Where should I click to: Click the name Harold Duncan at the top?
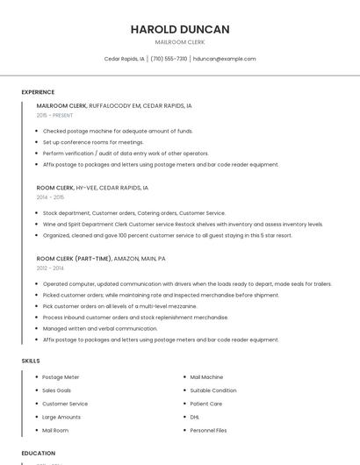pos(180,29)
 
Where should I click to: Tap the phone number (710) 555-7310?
pos(169,59)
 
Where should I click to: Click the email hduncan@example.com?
pos(224,59)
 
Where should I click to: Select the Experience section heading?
pos(38,92)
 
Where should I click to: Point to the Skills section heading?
pos(30,361)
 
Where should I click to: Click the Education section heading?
pos(38,454)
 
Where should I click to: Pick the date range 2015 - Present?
pos(54,115)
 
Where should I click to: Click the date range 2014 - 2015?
pos(50,197)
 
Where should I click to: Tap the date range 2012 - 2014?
pos(50,268)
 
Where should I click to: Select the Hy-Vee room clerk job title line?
pos(92,188)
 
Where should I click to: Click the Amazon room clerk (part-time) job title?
pos(101,259)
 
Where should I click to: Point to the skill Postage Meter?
pos(61,377)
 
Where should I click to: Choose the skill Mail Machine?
pos(206,377)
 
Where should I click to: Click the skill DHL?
pos(195,417)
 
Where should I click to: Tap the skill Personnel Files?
pos(208,431)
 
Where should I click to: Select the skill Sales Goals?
pos(57,390)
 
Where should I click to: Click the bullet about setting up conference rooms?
pos(93,142)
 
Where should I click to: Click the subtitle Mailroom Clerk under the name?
pos(180,42)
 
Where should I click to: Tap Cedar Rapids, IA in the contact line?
pos(123,59)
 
